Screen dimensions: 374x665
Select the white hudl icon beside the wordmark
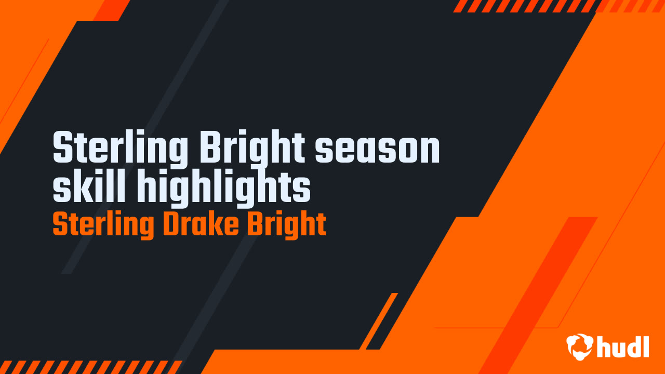coord(580,346)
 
